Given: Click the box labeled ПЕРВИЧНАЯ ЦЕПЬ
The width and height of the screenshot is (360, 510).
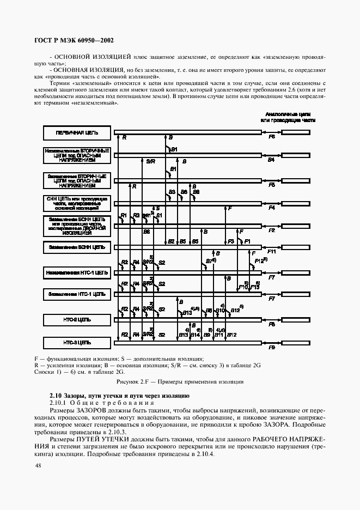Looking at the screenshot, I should point(76,132).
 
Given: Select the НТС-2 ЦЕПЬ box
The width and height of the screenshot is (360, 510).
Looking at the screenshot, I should point(76,319).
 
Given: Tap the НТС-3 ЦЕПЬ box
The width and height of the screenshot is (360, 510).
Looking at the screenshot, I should point(76,343).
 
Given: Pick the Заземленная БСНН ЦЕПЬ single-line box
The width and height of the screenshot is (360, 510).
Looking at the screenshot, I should point(76,247).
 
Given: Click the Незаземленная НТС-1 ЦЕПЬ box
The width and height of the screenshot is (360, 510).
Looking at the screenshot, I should point(76,271).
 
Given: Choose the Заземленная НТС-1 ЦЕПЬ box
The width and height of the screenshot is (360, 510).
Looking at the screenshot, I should point(76,294).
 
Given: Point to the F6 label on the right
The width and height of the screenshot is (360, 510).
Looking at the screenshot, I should point(271,138).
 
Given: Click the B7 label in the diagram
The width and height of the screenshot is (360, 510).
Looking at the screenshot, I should point(210,262).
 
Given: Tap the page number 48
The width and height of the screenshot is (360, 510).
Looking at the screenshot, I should point(38,465).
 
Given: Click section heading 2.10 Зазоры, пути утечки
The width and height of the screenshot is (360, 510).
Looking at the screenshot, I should point(118,393).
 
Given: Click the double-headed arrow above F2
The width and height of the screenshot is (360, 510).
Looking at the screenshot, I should point(271,225).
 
